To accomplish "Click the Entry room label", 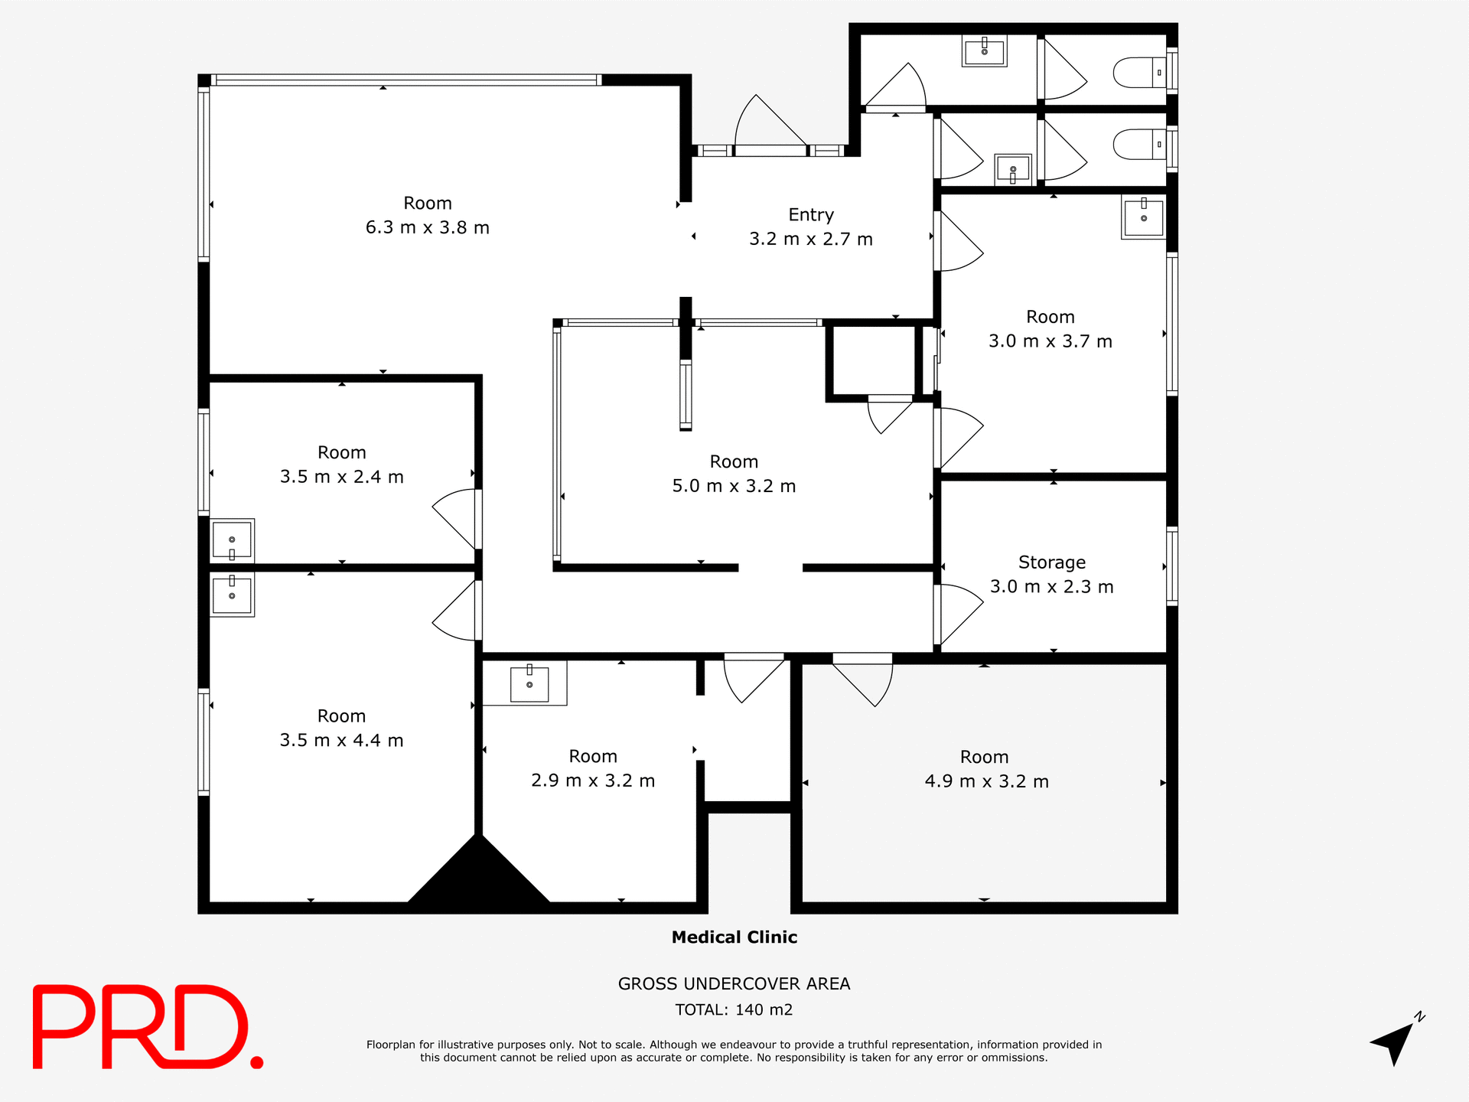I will point(811,215).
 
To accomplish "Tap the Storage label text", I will point(1051,562).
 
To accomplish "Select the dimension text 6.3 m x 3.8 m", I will point(427,227).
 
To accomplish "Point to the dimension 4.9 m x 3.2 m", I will point(986,781).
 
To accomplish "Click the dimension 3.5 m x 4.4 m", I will point(341,740).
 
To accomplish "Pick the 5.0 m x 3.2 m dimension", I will point(734,486).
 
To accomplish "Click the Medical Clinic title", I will point(734,937).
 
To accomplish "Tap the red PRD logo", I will point(145,1027).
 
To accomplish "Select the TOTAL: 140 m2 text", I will point(734,1009).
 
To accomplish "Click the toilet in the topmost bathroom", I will point(1138,73).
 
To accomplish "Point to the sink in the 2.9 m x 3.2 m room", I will point(529,683).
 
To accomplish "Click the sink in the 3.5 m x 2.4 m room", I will point(232,540).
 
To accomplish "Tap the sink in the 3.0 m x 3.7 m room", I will point(1143,217).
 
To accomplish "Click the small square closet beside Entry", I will point(873,360).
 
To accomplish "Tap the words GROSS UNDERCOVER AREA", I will point(734,984).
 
